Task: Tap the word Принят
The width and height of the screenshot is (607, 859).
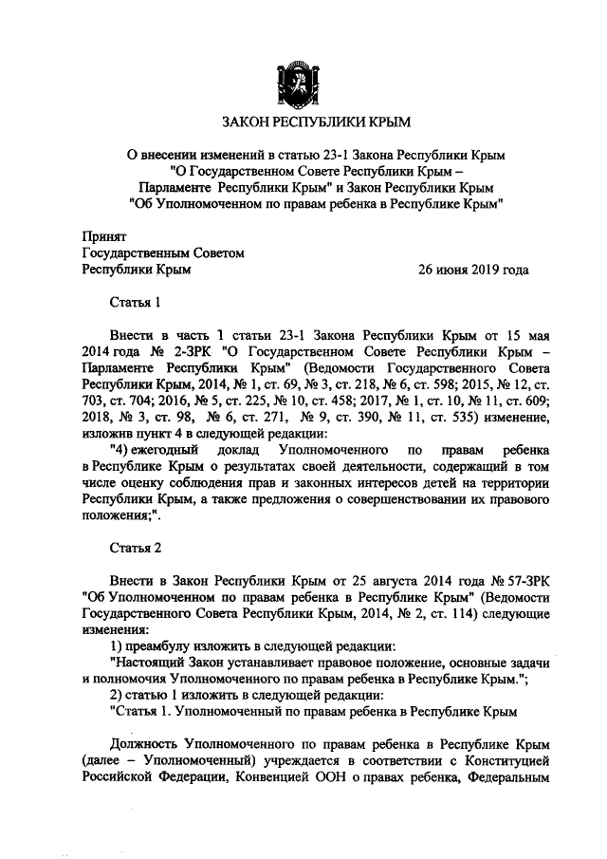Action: tap(105, 236)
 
